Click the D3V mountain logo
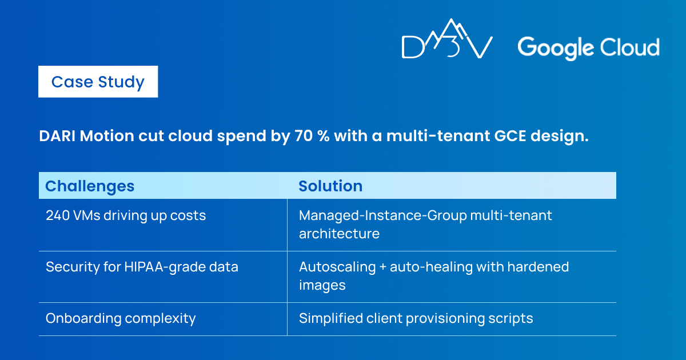pos(447,38)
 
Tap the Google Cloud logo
pos(588,48)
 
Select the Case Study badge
pos(98,82)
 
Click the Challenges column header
pos(90,186)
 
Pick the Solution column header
pos(330,186)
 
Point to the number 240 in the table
pos(58,215)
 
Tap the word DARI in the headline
pos(57,135)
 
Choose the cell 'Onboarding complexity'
pos(121,319)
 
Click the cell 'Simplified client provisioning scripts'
pos(416,319)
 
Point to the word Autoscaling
pos(337,267)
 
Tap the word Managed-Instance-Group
pos(382,215)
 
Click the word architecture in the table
pos(340,234)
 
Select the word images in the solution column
pos(322,285)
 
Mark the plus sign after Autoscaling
pos(383,267)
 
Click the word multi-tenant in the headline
pos(438,135)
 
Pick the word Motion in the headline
pos(107,135)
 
